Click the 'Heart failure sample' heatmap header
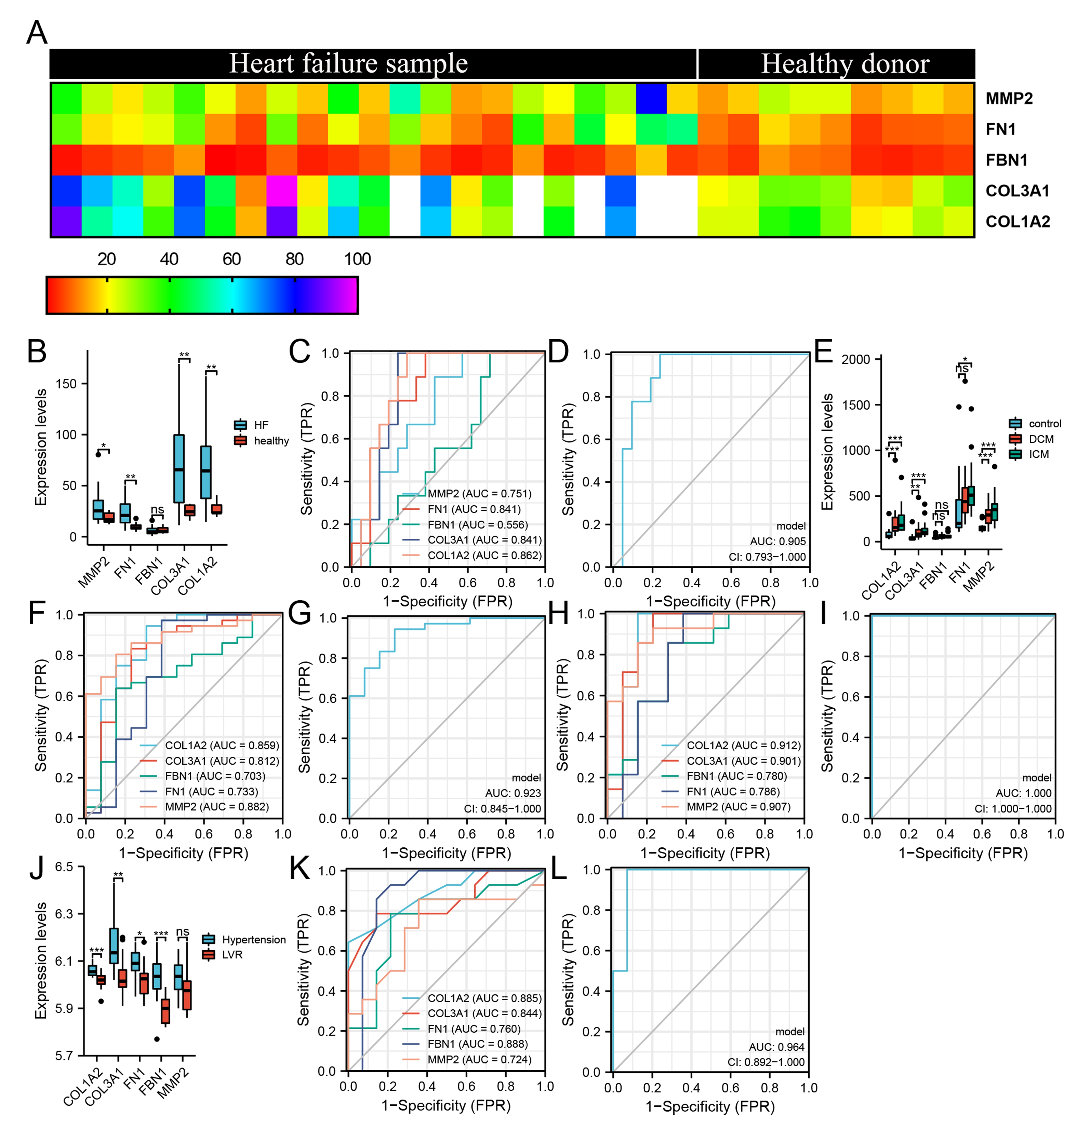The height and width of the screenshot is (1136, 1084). coord(348,64)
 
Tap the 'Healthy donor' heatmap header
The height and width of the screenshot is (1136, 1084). coord(845,64)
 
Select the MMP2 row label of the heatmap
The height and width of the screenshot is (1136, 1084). coord(1009,99)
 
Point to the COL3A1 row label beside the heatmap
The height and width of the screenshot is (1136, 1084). coord(1017,191)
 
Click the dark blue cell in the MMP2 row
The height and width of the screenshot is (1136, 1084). coord(651,99)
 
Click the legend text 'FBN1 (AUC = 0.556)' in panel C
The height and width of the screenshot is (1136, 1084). coord(477,525)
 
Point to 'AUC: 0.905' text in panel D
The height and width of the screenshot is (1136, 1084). coord(778,541)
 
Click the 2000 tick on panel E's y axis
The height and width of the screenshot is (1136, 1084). coord(856,360)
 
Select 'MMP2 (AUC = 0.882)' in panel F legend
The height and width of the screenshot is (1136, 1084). coord(217,807)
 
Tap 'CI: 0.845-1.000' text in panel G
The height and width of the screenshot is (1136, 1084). coord(502,809)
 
